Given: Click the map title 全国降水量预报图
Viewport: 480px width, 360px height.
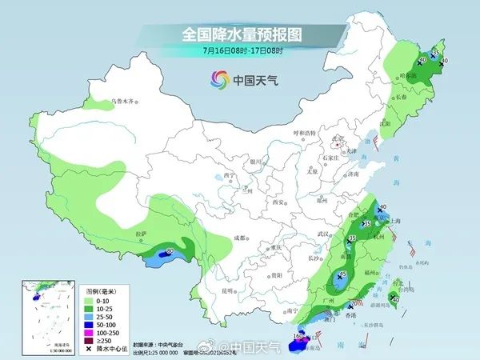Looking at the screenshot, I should point(239,35).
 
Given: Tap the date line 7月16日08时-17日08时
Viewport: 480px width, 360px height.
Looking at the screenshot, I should point(239,51).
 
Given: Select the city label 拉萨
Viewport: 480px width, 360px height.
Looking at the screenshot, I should point(142,234).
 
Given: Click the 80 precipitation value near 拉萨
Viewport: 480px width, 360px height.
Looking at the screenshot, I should point(169,252).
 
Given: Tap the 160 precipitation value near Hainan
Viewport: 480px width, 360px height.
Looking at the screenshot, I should point(298,337).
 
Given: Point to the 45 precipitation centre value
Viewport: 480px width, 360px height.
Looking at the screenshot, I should point(342,274).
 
